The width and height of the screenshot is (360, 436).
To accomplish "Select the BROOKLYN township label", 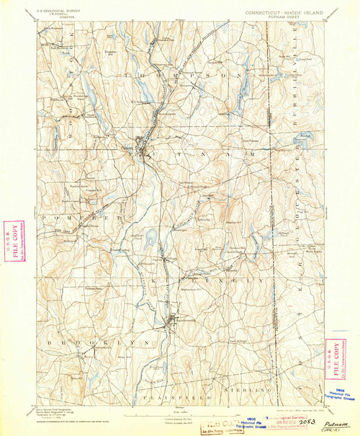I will (x=79, y=339).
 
